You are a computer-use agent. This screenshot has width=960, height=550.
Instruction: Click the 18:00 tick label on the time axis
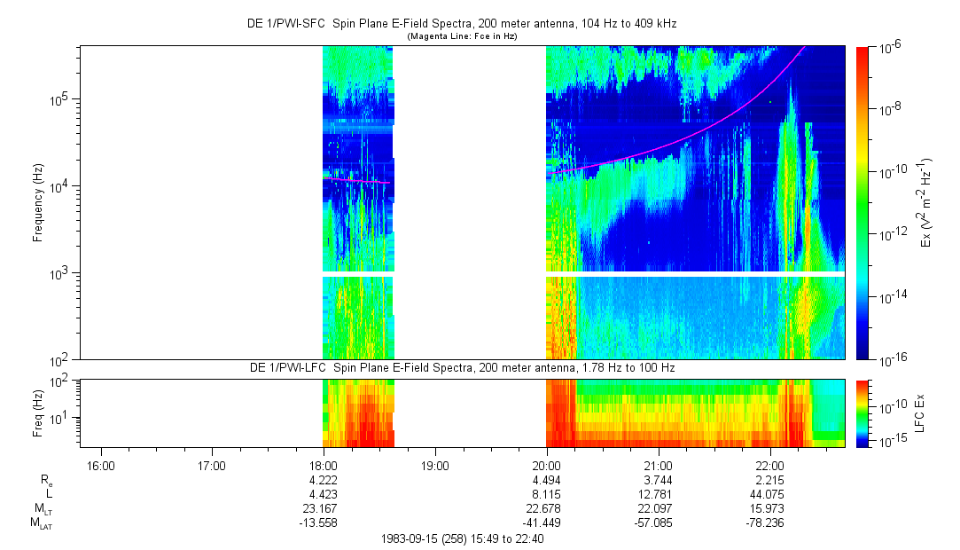coord(324,465)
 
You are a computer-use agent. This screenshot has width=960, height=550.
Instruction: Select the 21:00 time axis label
coord(658,465)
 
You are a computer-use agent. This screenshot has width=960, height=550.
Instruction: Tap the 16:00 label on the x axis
coord(100,465)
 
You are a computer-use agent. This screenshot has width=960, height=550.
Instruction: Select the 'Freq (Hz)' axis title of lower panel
coord(38,413)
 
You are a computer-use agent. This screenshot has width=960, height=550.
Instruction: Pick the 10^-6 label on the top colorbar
coord(888,47)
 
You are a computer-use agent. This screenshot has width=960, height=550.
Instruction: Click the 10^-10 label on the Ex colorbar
coord(890,171)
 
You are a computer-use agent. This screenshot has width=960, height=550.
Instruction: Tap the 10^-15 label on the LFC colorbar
coord(890,441)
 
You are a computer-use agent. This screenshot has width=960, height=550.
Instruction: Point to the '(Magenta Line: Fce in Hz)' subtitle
coord(461,36)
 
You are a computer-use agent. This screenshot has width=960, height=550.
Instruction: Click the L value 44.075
coord(769,493)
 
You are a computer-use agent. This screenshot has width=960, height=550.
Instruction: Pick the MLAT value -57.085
coord(658,522)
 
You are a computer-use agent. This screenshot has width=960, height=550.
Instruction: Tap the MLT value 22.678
coord(546,507)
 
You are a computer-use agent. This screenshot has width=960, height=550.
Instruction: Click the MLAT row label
coord(40,522)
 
